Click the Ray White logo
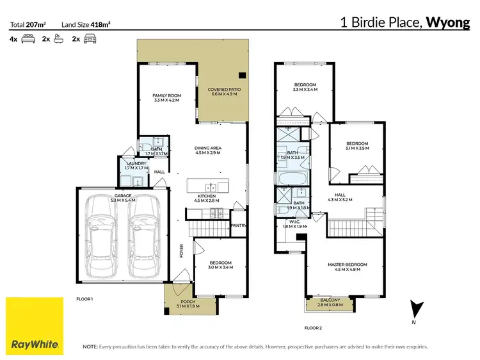35,326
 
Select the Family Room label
166,97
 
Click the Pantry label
238,225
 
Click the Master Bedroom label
348,267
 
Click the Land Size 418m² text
86,24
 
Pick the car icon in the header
90,39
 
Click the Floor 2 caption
313,327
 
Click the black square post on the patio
241,74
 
